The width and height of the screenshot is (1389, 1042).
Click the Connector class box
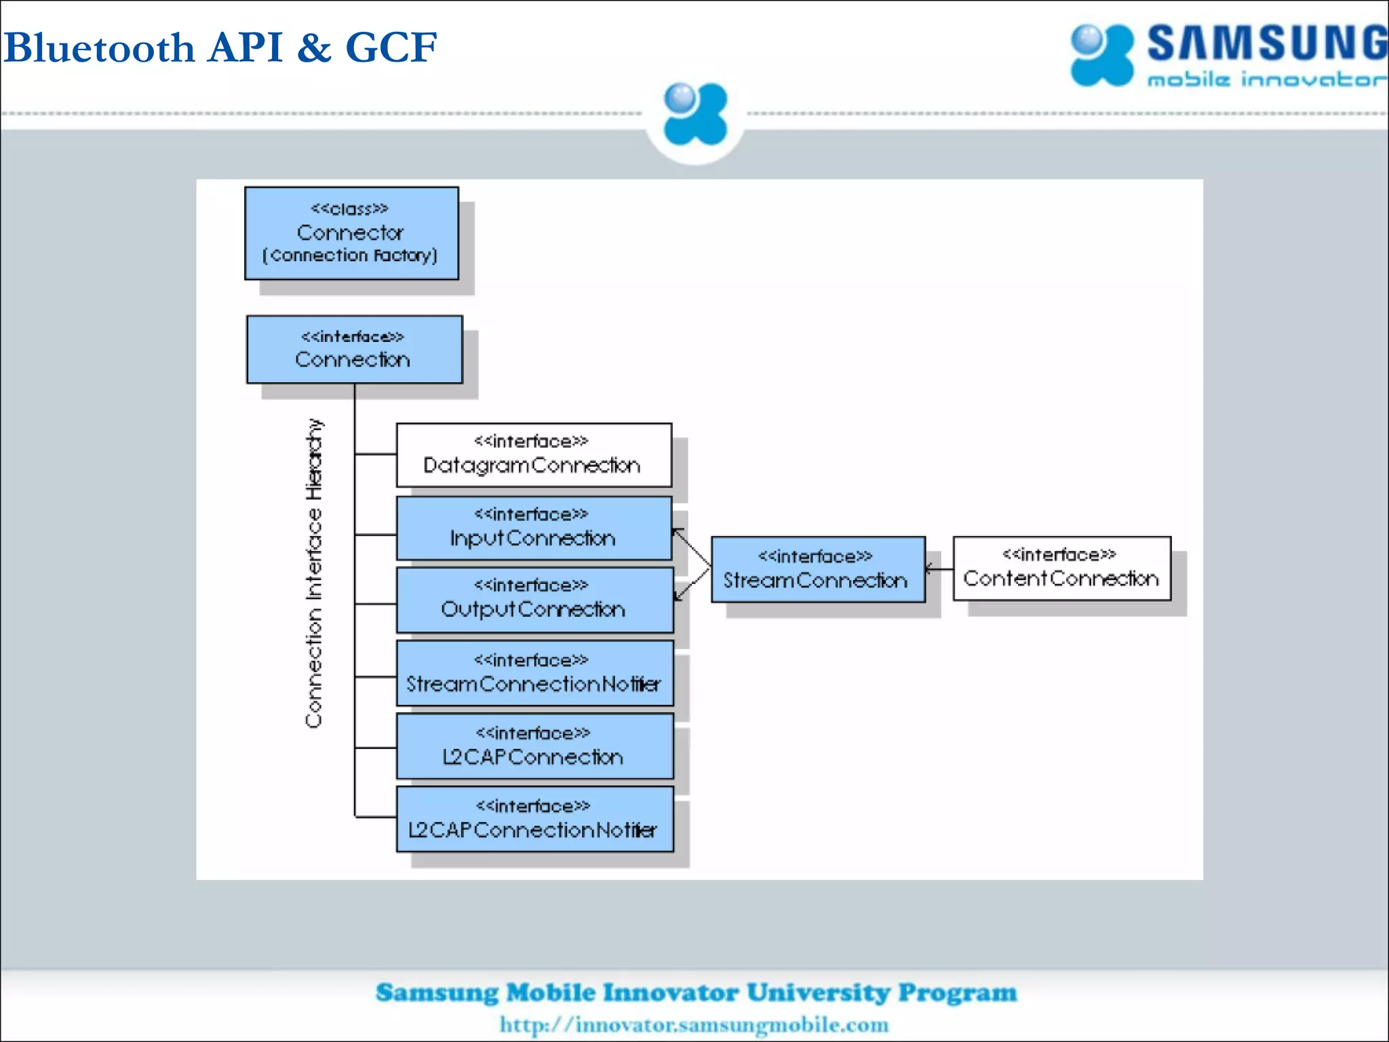click(x=351, y=233)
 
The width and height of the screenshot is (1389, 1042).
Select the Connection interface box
click(x=354, y=349)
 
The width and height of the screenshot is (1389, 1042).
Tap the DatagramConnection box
click(x=534, y=455)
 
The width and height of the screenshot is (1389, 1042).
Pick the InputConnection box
click(x=534, y=528)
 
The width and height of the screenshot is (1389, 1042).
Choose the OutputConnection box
click(x=534, y=600)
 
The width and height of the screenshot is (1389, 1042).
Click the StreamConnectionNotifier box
click(x=534, y=673)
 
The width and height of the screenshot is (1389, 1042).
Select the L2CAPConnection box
click(x=534, y=746)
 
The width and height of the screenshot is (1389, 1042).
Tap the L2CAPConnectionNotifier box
click(x=534, y=819)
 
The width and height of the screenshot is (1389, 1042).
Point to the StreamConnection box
click(x=817, y=569)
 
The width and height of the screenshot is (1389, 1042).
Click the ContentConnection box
click(x=1061, y=568)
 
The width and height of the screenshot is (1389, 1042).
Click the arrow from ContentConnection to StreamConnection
click(x=939, y=569)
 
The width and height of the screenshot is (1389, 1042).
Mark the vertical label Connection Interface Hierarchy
click(x=313, y=573)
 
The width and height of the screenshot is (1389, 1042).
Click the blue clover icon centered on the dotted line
click(x=694, y=114)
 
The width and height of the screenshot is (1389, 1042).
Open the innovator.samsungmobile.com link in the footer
click(x=694, y=1024)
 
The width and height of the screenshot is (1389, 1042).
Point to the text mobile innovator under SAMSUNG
click(x=1266, y=80)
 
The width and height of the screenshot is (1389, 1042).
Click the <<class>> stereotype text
click(x=349, y=208)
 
